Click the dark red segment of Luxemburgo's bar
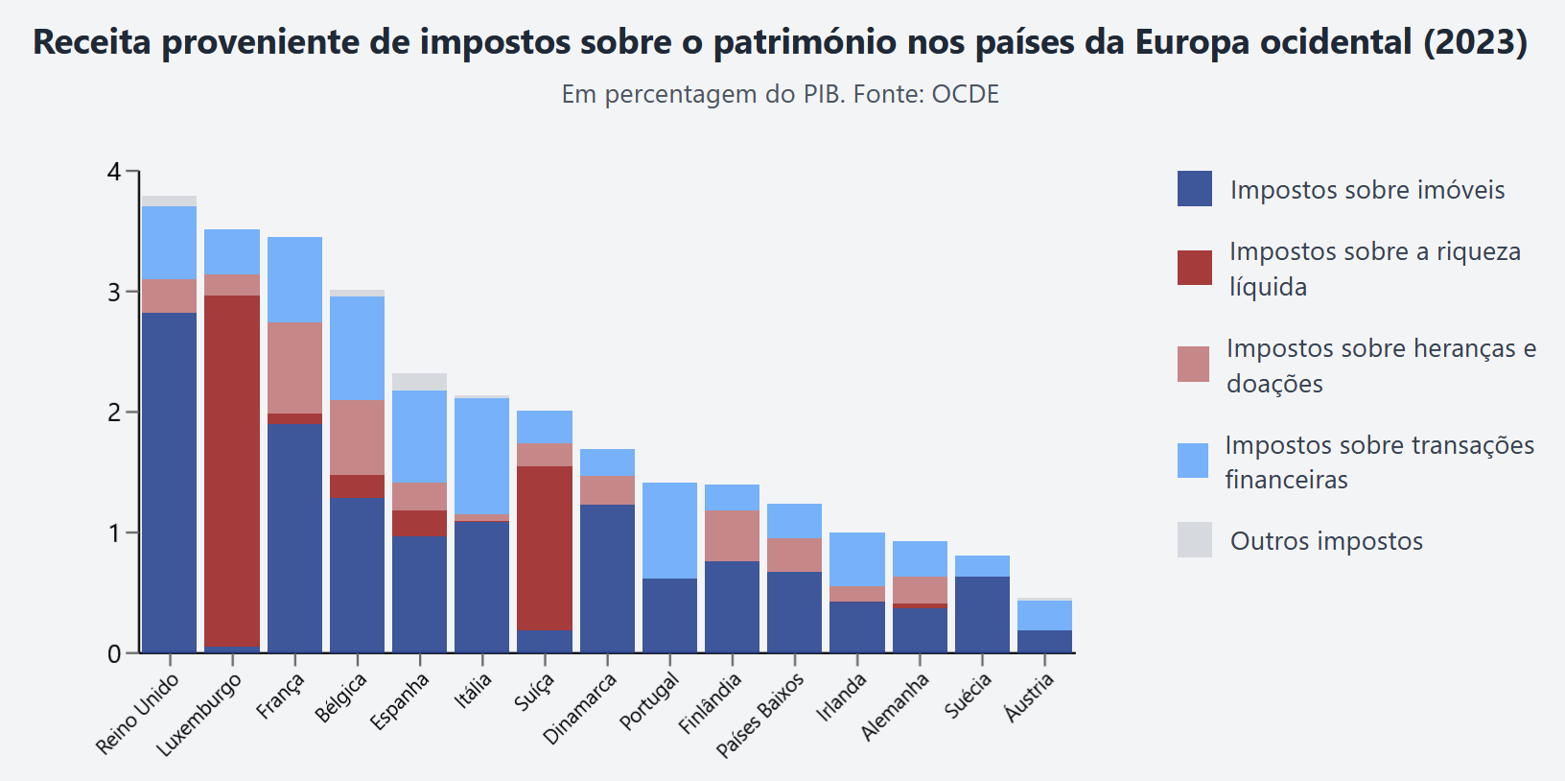point(232,470)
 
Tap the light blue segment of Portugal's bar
point(669,530)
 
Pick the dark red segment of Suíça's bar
point(545,548)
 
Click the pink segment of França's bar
point(294,367)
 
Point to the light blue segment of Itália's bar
point(481,456)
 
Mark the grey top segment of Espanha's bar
point(419,382)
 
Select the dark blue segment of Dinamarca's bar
point(607,579)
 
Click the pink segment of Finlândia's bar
point(732,535)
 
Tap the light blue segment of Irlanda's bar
point(857,559)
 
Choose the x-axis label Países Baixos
point(761,715)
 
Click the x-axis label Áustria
point(1030,696)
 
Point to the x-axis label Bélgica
point(342,698)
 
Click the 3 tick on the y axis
point(115,292)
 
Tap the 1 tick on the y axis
point(115,532)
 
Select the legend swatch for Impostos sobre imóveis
point(1195,189)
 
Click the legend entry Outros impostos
point(1326,541)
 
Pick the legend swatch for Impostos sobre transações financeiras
point(1193,461)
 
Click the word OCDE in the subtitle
point(965,94)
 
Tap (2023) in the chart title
point(1475,42)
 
